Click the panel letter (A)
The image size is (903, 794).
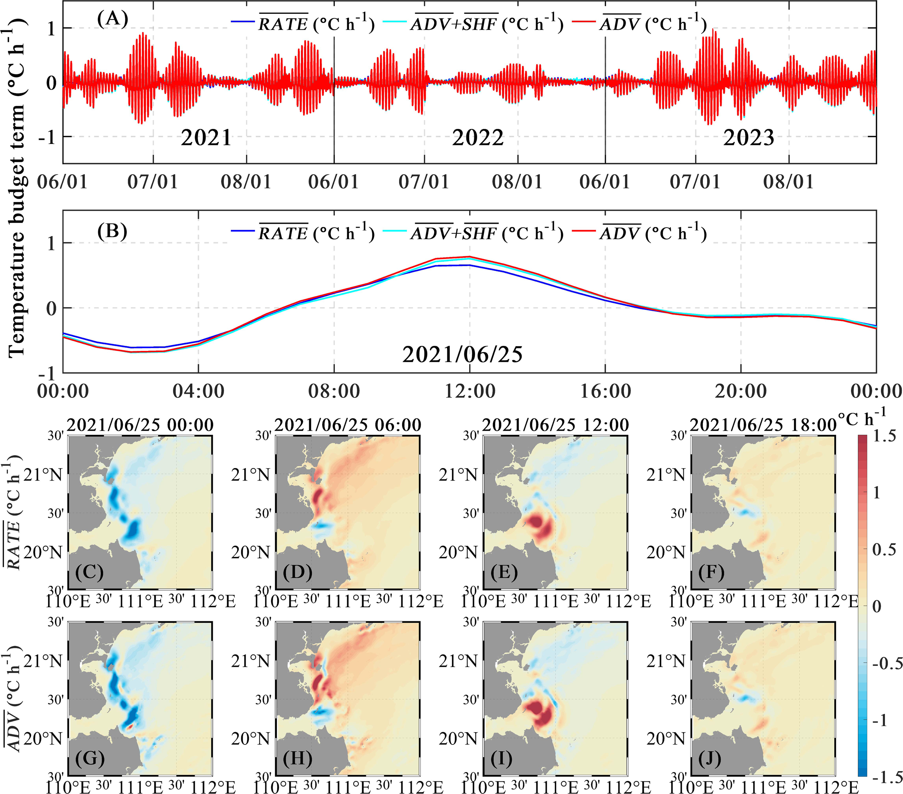113,19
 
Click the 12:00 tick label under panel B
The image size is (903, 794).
470,391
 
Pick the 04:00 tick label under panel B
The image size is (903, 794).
198,391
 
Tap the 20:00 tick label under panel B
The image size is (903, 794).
741,391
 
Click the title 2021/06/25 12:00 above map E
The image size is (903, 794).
555,425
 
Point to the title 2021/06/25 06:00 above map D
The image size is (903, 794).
348,425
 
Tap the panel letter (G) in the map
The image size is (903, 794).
90,759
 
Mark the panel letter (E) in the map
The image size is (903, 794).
504,572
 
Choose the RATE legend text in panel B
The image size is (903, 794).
283,233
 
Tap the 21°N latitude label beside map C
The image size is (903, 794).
43,475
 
